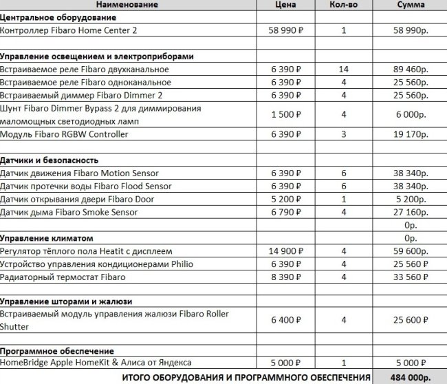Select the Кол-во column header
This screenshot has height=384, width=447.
343,5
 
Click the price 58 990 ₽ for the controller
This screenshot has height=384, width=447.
288,30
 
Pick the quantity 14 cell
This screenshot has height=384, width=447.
344,70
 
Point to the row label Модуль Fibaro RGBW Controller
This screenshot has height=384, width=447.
64,134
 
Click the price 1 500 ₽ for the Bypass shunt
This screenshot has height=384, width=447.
288,115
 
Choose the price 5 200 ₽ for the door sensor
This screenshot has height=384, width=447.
288,200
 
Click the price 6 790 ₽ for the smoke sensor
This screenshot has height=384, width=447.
288,212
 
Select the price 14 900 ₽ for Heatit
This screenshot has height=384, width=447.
288,251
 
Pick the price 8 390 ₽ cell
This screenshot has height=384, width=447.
288,277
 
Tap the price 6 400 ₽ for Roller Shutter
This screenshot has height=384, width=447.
288,320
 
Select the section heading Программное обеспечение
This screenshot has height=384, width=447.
56,350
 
